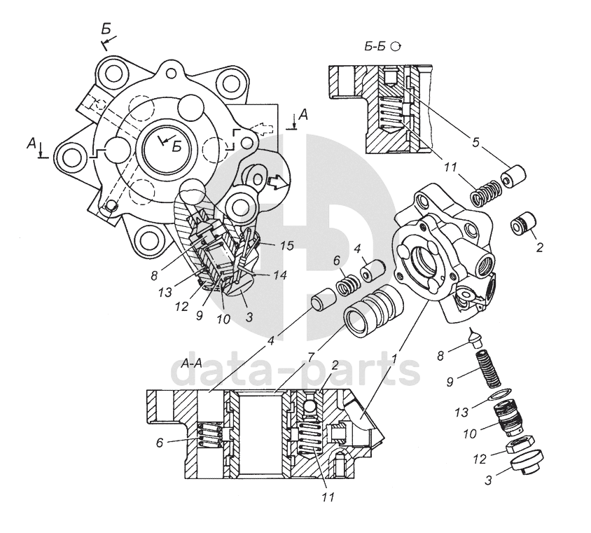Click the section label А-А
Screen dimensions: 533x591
191,364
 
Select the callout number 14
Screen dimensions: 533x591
281,276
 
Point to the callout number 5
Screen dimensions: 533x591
475,143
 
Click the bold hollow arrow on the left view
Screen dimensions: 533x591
277,182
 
